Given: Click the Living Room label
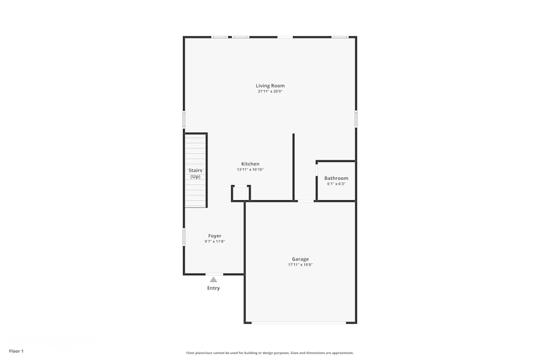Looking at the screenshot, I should [x=270, y=86].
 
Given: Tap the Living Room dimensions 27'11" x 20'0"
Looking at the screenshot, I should [x=270, y=92].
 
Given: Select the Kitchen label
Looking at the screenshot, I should [x=250, y=164].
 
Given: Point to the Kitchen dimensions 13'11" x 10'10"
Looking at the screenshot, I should [x=250, y=169].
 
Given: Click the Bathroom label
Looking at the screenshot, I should [x=336, y=178].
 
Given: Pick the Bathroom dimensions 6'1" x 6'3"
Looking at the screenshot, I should [x=336, y=184].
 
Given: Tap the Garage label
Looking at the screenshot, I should [x=300, y=259].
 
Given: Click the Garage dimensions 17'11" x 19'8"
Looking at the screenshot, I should [x=300, y=265].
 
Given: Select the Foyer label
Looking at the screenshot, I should [x=215, y=236].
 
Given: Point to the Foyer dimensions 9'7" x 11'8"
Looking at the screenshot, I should [x=215, y=242].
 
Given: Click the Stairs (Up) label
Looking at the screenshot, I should [x=195, y=173].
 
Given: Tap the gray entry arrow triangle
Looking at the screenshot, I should [x=213, y=280].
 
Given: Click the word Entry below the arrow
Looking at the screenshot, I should [x=213, y=288].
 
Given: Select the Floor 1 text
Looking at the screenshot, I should [x=16, y=351].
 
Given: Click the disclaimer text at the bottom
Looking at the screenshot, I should [x=270, y=353].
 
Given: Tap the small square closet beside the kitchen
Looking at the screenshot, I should [x=241, y=193].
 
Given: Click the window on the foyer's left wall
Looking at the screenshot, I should [x=184, y=236].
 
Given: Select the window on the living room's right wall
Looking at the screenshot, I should [x=356, y=119].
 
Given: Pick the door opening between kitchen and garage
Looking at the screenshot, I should [x=306, y=201].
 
